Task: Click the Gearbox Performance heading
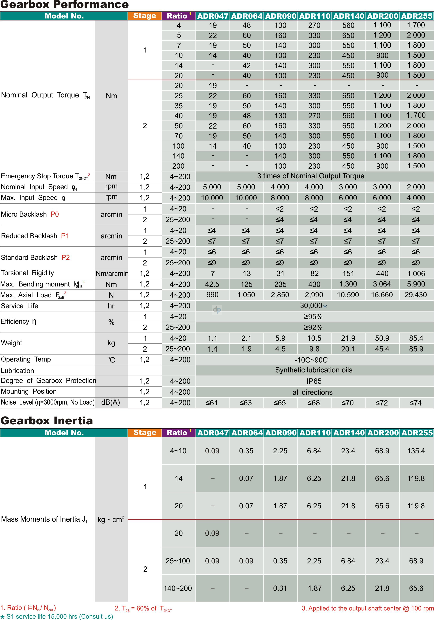click(x=65, y=5)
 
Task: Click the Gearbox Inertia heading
click(x=47, y=421)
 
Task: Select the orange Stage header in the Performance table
click(x=145, y=16)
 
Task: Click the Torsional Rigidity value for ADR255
click(x=416, y=274)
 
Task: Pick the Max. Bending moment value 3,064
click(x=382, y=284)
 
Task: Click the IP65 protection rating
click(x=314, y=381)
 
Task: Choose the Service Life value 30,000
click(x=311, y=306)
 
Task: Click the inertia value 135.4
click(x=416, y=451)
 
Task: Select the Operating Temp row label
click(x=26, y=359)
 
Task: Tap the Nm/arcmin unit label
click(x=112, y=274)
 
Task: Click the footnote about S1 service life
click(x=57, y=616)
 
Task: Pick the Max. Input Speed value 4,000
click(x=416, y=198)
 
